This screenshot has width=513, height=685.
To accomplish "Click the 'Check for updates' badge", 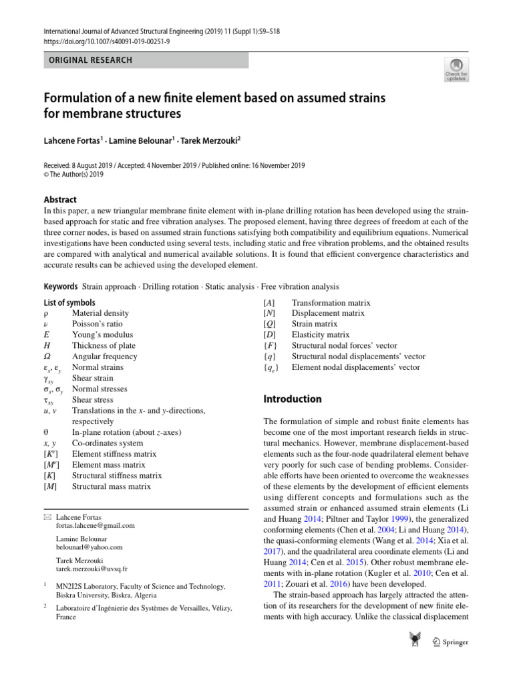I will click(x=456, y=70).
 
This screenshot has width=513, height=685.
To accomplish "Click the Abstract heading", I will click(x=60, y=199).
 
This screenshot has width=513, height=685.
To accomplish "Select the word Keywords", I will click(x=60, y=286).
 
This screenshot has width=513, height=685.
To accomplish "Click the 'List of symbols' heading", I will click(x=69, y=302).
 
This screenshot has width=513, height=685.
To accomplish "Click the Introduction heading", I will click(x=293, y=399).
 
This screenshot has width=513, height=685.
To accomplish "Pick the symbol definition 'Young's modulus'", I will click(x=102, y=334).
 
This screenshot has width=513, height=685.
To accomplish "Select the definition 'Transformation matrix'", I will click(x=331, y=302).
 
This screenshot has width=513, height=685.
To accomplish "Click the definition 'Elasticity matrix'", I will click(x=321, y=334).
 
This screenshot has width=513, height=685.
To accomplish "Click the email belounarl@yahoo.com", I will click(x=90, y=547).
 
